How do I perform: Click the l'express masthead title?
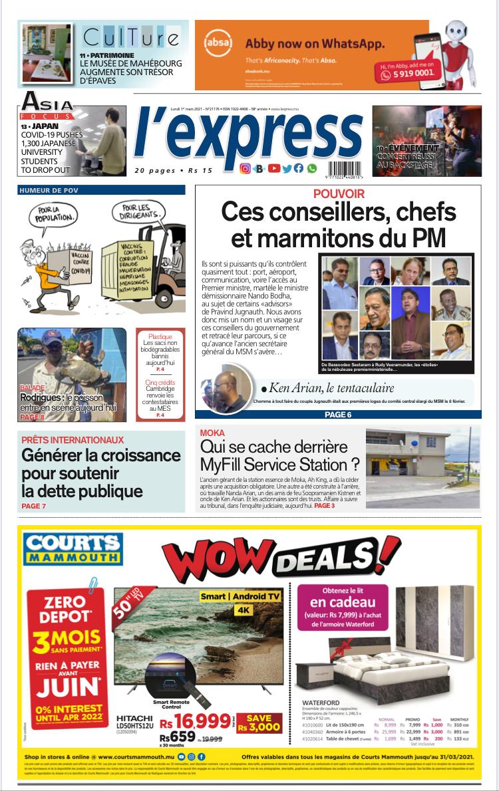click(x=248, y=136)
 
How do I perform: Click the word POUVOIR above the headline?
click(x=339, y=194)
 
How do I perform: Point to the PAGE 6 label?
click(x=338, y=415)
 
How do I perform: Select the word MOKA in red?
click(x=212, y=433)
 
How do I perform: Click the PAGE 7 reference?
click(x=33, y=507)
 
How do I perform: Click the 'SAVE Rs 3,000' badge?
click(x=259, y=723)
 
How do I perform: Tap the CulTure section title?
click(x=130, y=36)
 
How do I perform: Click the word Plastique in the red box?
click(x=160, y=336)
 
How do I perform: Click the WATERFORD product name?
click(x=321, y=703)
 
